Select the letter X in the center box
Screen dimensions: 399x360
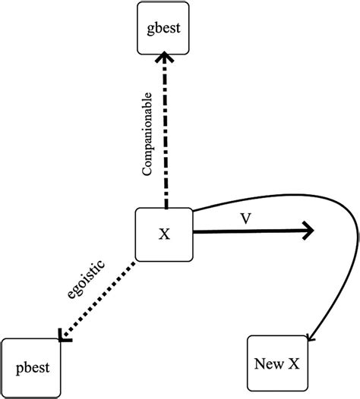[164, 233]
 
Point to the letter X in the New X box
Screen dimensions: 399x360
[292, 363]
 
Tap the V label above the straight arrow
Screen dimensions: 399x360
[245, 218]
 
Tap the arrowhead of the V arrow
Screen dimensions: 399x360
[310, 231]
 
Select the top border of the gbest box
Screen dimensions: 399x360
[163, 4]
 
